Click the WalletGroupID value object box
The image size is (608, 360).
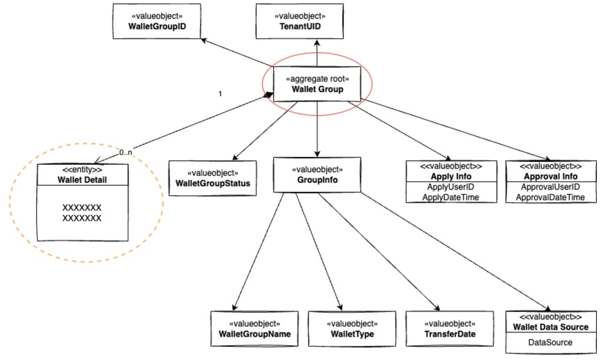coord(157,21)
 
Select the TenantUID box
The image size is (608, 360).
coord(300,21)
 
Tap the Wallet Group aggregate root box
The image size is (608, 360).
coord(317,84)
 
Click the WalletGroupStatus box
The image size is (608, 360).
coord(213,178)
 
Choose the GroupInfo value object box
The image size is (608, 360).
coord(317,175)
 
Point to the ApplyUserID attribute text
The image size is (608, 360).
coord(451,187)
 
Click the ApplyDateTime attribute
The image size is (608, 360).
coord(451,197)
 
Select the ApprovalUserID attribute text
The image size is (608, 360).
coord(550,187)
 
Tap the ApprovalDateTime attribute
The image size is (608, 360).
coord(550,197)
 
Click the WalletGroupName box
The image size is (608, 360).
coord(254,329)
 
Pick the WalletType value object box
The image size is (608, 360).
coord(352,329)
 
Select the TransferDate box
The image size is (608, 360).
coord(450,329)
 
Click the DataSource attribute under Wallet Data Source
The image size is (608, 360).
coord(550,343)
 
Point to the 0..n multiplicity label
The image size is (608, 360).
coord(126,152)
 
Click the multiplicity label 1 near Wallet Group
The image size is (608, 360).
coord(220,93)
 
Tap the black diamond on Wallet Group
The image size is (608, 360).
coord(268,95)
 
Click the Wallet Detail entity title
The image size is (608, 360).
coord(82,180)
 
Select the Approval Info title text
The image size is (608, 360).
coord(550,177)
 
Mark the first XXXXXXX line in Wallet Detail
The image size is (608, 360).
coord(82,208)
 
